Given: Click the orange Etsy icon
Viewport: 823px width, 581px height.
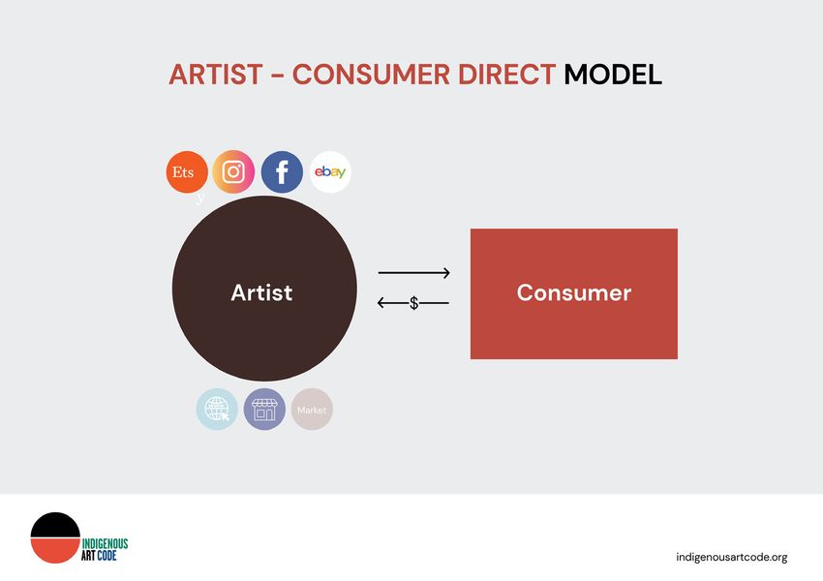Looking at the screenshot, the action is click(x=187, y=172).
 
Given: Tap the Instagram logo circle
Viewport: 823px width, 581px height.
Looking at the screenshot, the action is click(x=233, y=171).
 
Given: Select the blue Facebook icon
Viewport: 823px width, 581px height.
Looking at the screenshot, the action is click(x=282, y=172).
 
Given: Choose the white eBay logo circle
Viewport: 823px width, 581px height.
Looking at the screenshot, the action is click(x=330, y=172).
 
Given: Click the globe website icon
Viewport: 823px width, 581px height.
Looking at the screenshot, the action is click(x=217, y=410).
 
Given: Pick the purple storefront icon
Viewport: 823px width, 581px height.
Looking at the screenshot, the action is click(x=264, y=410).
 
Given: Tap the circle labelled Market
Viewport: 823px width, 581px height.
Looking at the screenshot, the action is click(x=312, y=410).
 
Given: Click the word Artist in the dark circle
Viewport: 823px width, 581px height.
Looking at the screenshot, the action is click(x=261, y=292).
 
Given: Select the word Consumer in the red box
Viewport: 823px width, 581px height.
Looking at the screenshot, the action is click(x=574, y=292).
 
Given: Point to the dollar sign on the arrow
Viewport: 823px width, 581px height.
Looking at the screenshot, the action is click(x=414, y=303).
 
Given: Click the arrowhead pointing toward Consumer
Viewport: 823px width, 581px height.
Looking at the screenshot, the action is click(x=446, y=273).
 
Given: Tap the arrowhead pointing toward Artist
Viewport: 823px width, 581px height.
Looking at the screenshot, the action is click(x=381, y=303).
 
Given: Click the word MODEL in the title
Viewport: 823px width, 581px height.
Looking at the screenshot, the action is click(x=613, y=74).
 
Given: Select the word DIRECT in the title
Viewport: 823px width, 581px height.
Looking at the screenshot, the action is click(x=506, y=74).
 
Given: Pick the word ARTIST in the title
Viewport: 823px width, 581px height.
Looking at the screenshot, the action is click(x=216, y=74).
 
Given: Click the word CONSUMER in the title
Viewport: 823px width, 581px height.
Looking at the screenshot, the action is click(x=371, y=74).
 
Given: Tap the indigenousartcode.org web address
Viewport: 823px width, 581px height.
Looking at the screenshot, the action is click(x=732, y=558).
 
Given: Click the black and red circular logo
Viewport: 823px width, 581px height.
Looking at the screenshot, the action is click(x=55, y=538).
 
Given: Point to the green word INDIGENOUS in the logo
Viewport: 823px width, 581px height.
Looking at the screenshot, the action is click(x=105, y=544).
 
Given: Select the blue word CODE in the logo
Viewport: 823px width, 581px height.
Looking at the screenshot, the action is click(x=107, y=555).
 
